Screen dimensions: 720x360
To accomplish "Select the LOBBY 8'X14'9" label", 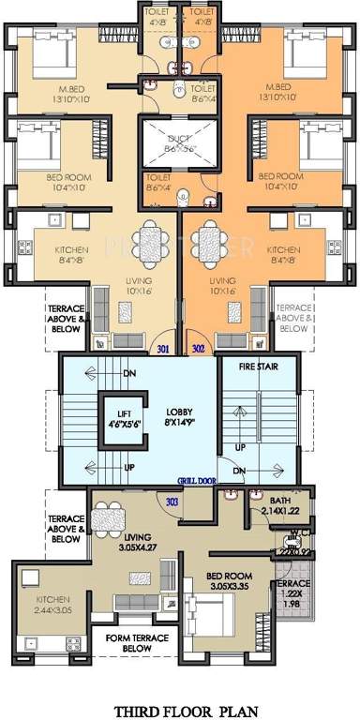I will point(182,416).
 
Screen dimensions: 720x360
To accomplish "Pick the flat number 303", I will point(172,502).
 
